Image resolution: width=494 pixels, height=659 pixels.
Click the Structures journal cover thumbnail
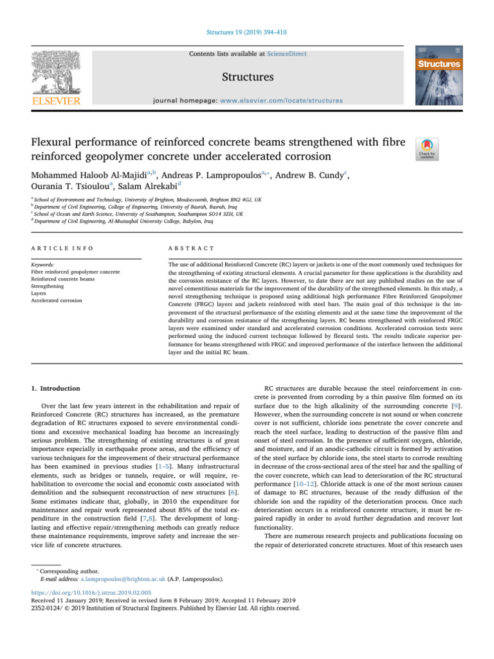coord(440,76)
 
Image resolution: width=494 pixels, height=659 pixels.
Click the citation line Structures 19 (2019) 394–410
coord(246,31)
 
